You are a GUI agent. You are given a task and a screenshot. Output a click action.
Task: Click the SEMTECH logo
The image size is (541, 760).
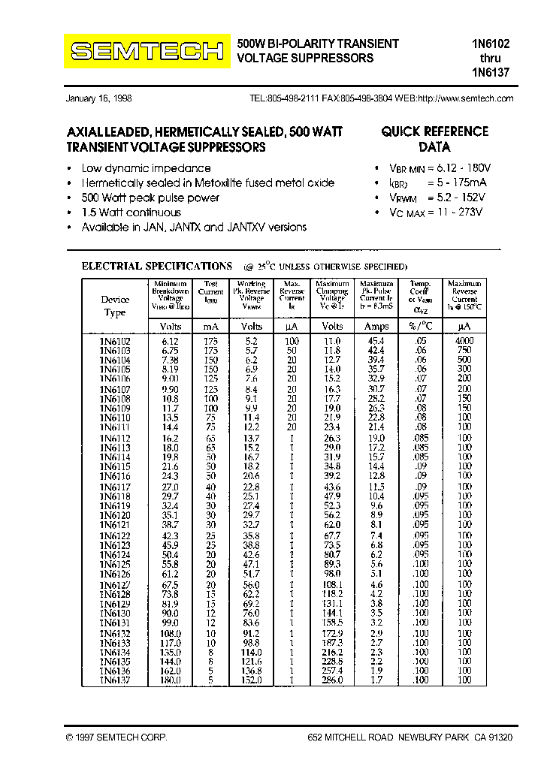[147, 51]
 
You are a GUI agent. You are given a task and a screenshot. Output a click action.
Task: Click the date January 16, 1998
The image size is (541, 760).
[98, 98]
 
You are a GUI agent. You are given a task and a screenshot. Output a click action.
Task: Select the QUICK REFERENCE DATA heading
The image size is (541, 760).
[434, 139]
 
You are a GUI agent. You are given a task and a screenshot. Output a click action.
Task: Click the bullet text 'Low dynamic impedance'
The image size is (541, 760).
[146, 168]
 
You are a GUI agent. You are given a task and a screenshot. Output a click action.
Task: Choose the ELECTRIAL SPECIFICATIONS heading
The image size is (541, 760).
[156, 266]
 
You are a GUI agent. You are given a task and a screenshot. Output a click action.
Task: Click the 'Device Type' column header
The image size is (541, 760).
[115, 306]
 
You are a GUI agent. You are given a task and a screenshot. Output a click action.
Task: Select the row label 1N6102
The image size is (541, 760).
[115, 341]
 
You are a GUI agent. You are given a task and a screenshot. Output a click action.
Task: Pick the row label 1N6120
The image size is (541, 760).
[115, 515]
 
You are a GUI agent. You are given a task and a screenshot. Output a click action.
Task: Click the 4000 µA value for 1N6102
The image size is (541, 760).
[464, 341]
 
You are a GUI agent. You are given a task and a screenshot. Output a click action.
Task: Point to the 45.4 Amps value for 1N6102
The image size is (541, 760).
[376, 341]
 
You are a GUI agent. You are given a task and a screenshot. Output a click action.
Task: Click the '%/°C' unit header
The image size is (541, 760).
[420, 327]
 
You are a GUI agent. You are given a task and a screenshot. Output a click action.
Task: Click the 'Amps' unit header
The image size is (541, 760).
[376, 327]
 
